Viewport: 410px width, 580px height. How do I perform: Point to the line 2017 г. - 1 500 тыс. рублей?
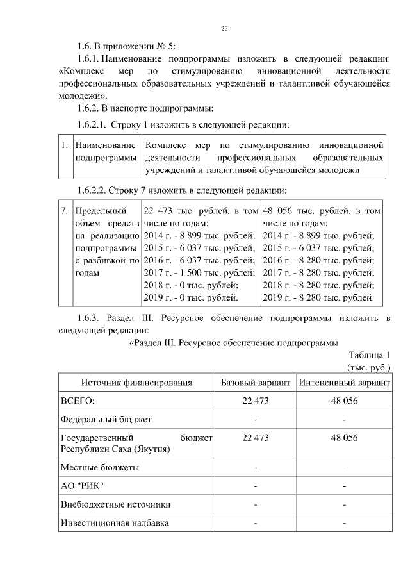200,272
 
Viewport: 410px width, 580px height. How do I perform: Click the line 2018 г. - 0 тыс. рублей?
191,285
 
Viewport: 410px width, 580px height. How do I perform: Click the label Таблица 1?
370,356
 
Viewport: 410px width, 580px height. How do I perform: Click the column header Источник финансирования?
136,383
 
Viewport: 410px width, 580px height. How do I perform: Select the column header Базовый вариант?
255,383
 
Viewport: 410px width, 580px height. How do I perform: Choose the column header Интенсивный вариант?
344,383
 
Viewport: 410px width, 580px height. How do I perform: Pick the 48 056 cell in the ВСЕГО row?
344,401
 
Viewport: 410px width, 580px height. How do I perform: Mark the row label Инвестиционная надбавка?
115,523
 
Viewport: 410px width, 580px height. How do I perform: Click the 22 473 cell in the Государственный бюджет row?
255,437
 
